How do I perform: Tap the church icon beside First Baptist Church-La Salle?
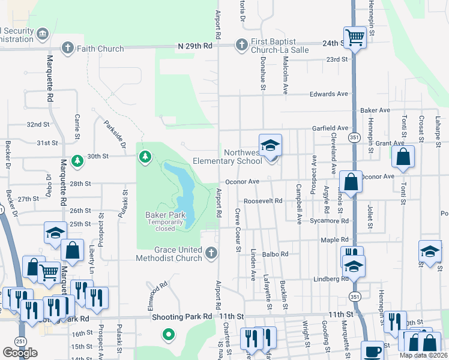pos(241,45)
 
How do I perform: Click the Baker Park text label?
pos(161,215)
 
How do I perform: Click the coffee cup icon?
pos(373,351)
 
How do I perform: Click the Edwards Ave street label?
pos(329,94)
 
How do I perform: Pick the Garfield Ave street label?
pos(330,128)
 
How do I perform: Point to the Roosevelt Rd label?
pos(263,201)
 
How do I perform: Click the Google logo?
pos(20,353)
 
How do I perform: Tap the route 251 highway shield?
pos(20,341)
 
